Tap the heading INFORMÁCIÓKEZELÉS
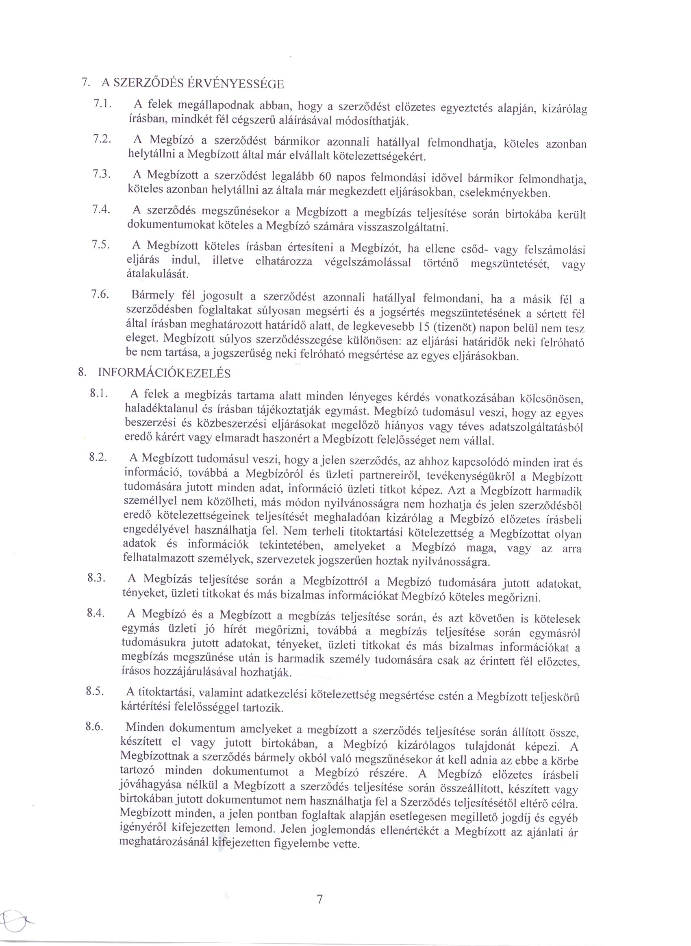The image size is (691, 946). click(x=164, y=373)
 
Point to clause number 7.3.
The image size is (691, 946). click(x=101, y=174)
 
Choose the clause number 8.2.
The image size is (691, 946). click(x=98, y=457)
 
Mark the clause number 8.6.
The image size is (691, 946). click(x=95, y=727)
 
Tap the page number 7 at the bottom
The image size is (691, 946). click(x=320, y=899)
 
